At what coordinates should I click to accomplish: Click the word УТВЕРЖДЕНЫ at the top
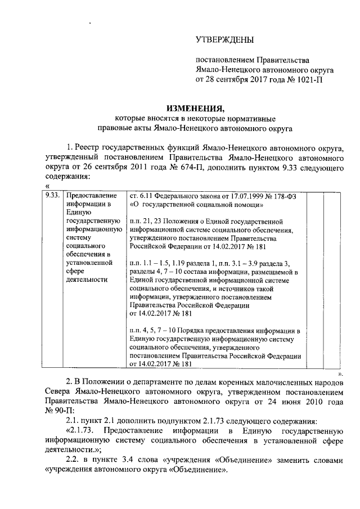(x=224, y=39)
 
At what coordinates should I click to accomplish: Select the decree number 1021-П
(x=308, y=80)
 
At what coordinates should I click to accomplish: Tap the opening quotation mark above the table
(x=47, y=186)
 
